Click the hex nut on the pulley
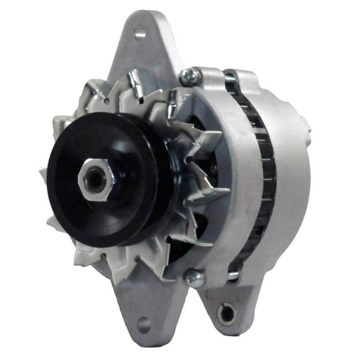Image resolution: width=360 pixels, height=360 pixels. point(96,180)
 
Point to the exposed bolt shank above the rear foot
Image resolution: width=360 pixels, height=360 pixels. point(233,276)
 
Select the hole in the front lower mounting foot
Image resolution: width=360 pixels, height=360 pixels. point(143,325)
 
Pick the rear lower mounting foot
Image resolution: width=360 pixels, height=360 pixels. point(232,305)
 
